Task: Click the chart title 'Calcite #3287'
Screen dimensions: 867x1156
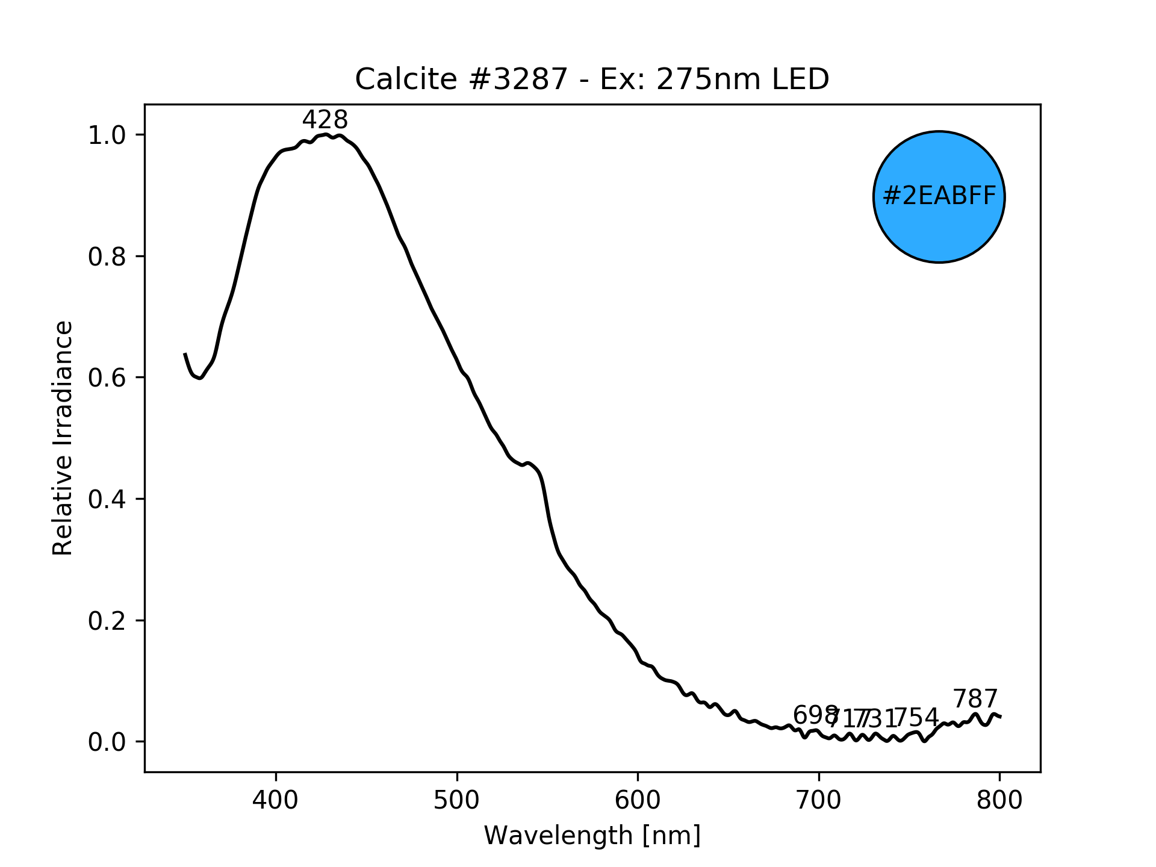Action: click(591, 79)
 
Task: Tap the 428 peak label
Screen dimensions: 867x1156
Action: click(325, 120)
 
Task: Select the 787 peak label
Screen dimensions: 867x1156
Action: click(975, 699)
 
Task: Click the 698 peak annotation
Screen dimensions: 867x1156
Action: click(815, 715)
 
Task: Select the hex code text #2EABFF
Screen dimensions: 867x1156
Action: click(939, 196)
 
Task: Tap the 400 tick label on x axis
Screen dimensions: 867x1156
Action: click(276, 800)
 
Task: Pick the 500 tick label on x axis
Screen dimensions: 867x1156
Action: click(457, 800)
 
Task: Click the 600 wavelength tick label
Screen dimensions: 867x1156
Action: click(638, 800)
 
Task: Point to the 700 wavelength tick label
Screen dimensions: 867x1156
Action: click(819, 800)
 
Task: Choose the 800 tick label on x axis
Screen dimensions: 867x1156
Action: click(999, 800)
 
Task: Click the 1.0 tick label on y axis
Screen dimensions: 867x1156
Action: click(107, 135)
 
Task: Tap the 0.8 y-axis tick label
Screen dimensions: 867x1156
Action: click(107, 257)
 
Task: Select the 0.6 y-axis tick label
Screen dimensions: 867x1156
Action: click(107, 378)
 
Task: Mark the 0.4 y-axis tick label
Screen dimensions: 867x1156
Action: click(107, 500)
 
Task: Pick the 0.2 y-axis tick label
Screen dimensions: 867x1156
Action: click(107, 621)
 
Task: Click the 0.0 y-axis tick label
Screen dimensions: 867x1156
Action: click(107, 742)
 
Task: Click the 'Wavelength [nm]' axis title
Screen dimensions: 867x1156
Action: click(592, 836)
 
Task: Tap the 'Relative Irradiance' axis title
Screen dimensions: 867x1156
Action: click(63, 438)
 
